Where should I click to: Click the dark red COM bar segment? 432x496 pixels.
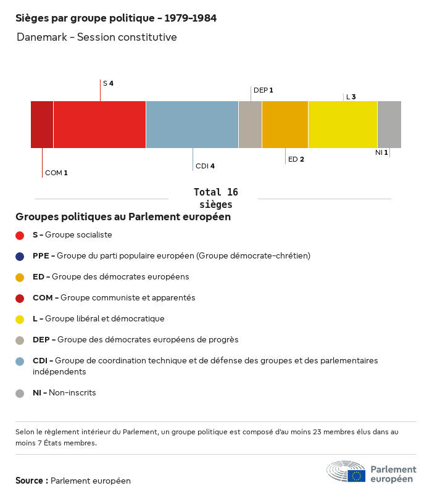pos(42,125)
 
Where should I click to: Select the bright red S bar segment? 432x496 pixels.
pos(99,125)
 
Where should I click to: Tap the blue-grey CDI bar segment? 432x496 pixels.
pos(192,125)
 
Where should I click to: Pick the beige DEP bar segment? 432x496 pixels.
pos(250,125)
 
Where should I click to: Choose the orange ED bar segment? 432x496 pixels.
pos(285,125)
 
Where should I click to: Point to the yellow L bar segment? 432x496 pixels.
pos(343,125)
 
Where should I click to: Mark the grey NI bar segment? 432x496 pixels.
pos(389,125)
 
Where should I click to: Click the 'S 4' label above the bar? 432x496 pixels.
pos(108,83)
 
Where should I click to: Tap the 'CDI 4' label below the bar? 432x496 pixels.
pos(205,166)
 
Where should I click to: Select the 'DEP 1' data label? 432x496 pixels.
pos(263,90)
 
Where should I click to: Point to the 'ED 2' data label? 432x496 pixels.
pos(296,159)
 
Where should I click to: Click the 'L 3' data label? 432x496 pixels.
pos(351,97)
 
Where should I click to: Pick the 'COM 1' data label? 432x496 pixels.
pos(56,173)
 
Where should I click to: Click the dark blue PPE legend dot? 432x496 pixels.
pos(20,256)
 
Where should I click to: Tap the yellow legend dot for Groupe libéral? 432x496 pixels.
pos(20,320)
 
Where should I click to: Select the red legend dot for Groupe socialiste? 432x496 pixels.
pos(20,235)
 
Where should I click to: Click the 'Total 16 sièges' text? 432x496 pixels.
pos(215,198)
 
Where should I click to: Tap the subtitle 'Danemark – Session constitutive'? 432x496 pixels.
pos(97,37)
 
